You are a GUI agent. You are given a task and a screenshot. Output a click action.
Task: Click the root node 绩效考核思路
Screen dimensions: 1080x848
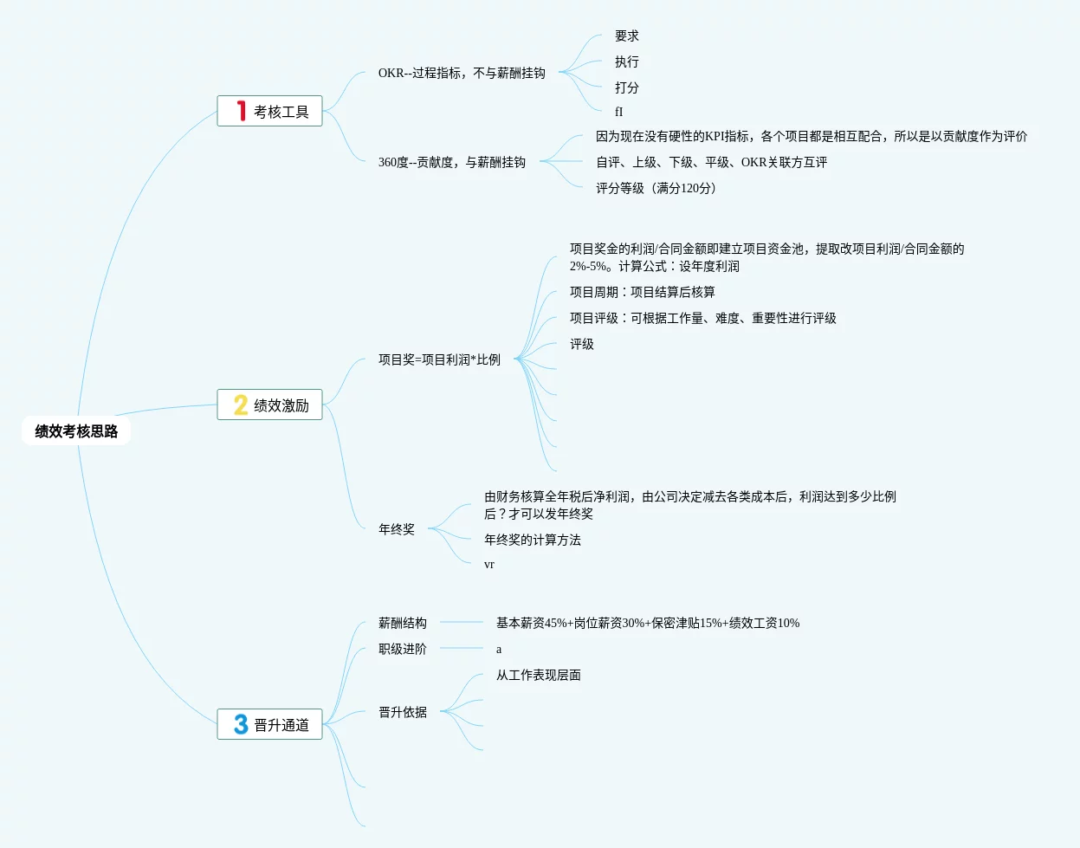[76, 431]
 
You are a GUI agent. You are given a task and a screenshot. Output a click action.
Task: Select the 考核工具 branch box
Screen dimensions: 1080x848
[269, 111]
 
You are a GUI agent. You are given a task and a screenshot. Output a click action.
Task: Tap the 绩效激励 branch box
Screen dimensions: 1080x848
[269, 405]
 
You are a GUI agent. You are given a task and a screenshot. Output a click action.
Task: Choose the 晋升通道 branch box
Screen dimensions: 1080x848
[269, 724]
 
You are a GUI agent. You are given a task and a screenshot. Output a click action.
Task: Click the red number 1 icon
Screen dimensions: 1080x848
[242, 111]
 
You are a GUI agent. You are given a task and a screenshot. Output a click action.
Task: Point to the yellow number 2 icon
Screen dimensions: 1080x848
[241, 405]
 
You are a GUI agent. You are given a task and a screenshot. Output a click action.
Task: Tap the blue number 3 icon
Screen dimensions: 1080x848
[241, 724]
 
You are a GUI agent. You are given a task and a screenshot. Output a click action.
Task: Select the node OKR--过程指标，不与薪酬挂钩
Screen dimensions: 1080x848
[462, 74]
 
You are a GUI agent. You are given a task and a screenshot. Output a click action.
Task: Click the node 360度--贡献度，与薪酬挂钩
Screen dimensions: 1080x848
[452, 162]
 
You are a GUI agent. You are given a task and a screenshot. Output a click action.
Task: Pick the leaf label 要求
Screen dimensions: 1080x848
[627, 36]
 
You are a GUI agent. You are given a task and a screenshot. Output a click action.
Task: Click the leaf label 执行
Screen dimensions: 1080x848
[627, 62]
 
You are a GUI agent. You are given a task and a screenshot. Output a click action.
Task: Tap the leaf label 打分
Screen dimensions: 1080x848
[627, 88]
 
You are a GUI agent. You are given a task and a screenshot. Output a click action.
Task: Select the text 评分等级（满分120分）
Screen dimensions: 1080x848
[656, 188]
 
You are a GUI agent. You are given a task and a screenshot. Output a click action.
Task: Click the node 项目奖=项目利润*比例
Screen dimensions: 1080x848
[439, 359]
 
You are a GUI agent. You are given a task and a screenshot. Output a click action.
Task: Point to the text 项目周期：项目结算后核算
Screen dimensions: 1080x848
[643, 292]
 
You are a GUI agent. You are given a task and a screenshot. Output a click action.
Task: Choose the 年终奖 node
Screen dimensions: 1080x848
[397, 529]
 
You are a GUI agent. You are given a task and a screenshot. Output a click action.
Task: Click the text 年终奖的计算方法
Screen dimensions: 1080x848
[533, 540]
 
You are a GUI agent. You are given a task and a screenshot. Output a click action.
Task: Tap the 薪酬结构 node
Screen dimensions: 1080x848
[403, 623]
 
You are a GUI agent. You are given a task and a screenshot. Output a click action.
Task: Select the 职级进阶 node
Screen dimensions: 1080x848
[403, 649]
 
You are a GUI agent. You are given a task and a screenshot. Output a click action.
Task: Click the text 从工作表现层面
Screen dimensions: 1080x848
[539, 675]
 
